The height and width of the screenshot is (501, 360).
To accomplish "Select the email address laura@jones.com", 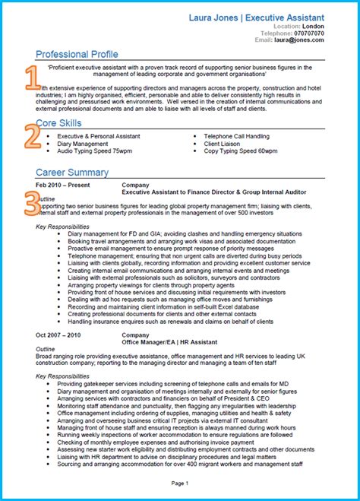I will (305, 41).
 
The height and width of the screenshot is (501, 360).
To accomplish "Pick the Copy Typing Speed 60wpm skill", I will (242, 151).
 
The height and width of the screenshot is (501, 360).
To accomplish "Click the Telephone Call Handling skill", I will (236, 136).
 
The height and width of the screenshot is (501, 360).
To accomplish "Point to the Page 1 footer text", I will (180, 483).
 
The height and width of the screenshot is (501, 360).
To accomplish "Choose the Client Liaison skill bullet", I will (223, 144).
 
